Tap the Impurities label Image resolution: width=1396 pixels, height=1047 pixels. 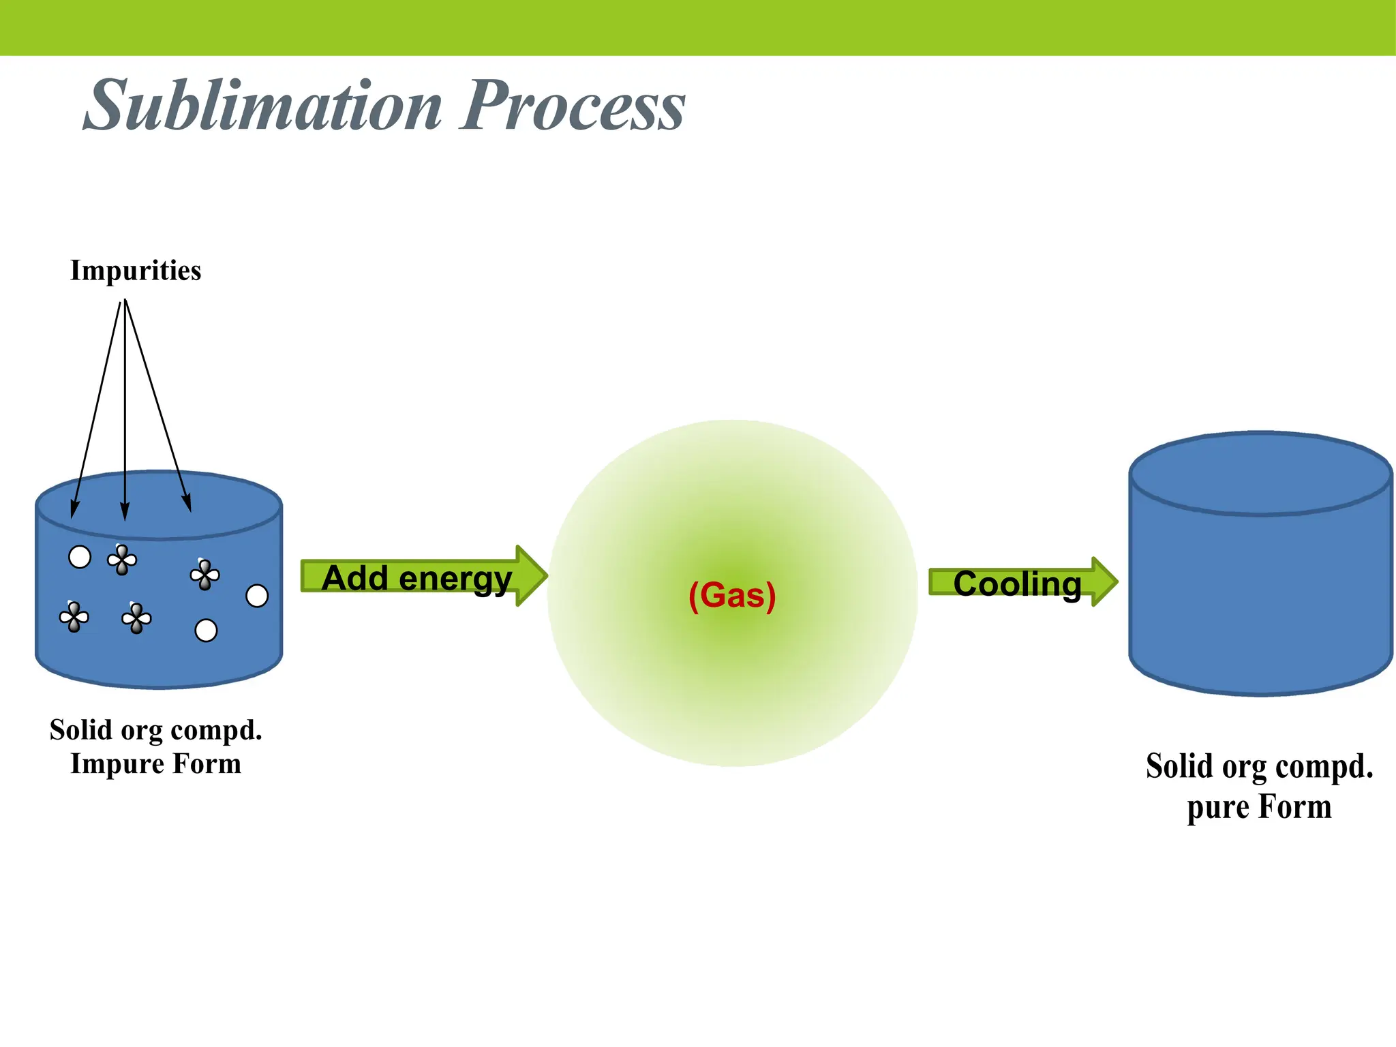pyautogui.click(x=136, y=271)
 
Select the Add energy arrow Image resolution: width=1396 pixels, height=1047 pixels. pyautogui.click(x=423, y=576)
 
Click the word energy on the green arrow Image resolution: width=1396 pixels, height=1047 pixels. pyautogui.click(x=455, y=581)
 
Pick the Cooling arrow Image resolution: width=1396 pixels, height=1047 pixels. pyautogui.click(x=1023, y=582)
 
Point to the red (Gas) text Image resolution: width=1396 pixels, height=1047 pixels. pyautogui.click(x=732, y=596)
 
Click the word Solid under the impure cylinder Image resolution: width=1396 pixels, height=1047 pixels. pyautogui.click(x=80, y=730)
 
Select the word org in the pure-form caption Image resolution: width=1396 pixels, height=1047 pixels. pyautogui.click(x=1243, y=768)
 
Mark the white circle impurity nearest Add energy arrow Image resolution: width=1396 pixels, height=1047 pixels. pyautogui.click(x=257, y=596)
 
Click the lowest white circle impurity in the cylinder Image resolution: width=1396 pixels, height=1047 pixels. pyautogui.click(x=206, y=631)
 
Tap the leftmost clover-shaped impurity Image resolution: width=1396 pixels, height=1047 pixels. pyautogui.click(x=74, y=618)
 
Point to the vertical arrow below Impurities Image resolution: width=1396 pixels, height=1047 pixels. pyautogui.click(x=125, y=410)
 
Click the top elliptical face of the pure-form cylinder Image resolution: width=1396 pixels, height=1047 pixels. pyautogui.click(x=1260, y=473)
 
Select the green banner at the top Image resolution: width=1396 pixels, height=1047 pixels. pyautogui.click(x=698, y=27)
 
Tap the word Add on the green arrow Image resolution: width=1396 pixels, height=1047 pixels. pyautogui.click(x=355, y=578)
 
